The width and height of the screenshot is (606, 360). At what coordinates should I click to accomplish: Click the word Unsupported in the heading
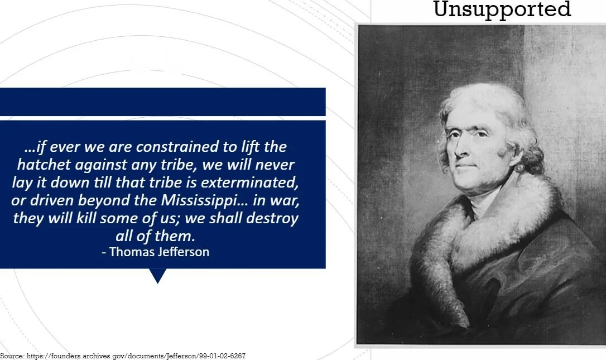tap(502, 9)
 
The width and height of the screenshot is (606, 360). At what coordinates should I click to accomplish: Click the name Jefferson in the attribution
tap(181, 252)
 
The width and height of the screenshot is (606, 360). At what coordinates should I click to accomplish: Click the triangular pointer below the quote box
tap(158, 275)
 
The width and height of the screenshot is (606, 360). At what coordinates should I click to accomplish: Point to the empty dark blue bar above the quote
tap(162, 102)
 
